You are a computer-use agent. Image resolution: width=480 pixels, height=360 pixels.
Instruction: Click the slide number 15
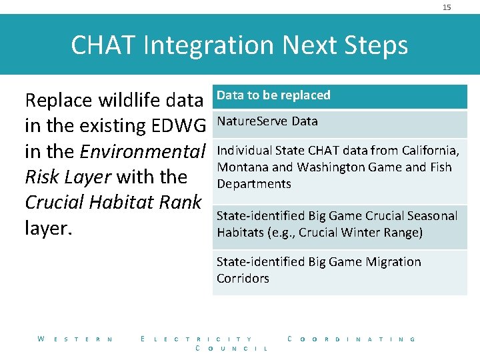[447, 7]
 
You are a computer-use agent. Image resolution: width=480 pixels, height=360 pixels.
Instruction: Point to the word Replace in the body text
[59, 100]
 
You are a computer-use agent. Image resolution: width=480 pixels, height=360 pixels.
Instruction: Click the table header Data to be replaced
[273, 95]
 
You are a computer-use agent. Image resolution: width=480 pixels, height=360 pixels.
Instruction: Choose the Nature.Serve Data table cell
[267, 121]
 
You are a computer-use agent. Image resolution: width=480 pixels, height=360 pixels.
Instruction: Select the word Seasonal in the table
[431, 215]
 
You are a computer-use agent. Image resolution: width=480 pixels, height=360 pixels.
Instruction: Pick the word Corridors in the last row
[243, 279]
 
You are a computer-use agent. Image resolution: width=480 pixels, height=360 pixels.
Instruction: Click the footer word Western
[75, 339]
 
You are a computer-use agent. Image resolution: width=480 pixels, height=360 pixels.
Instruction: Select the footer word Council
[233, 349]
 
